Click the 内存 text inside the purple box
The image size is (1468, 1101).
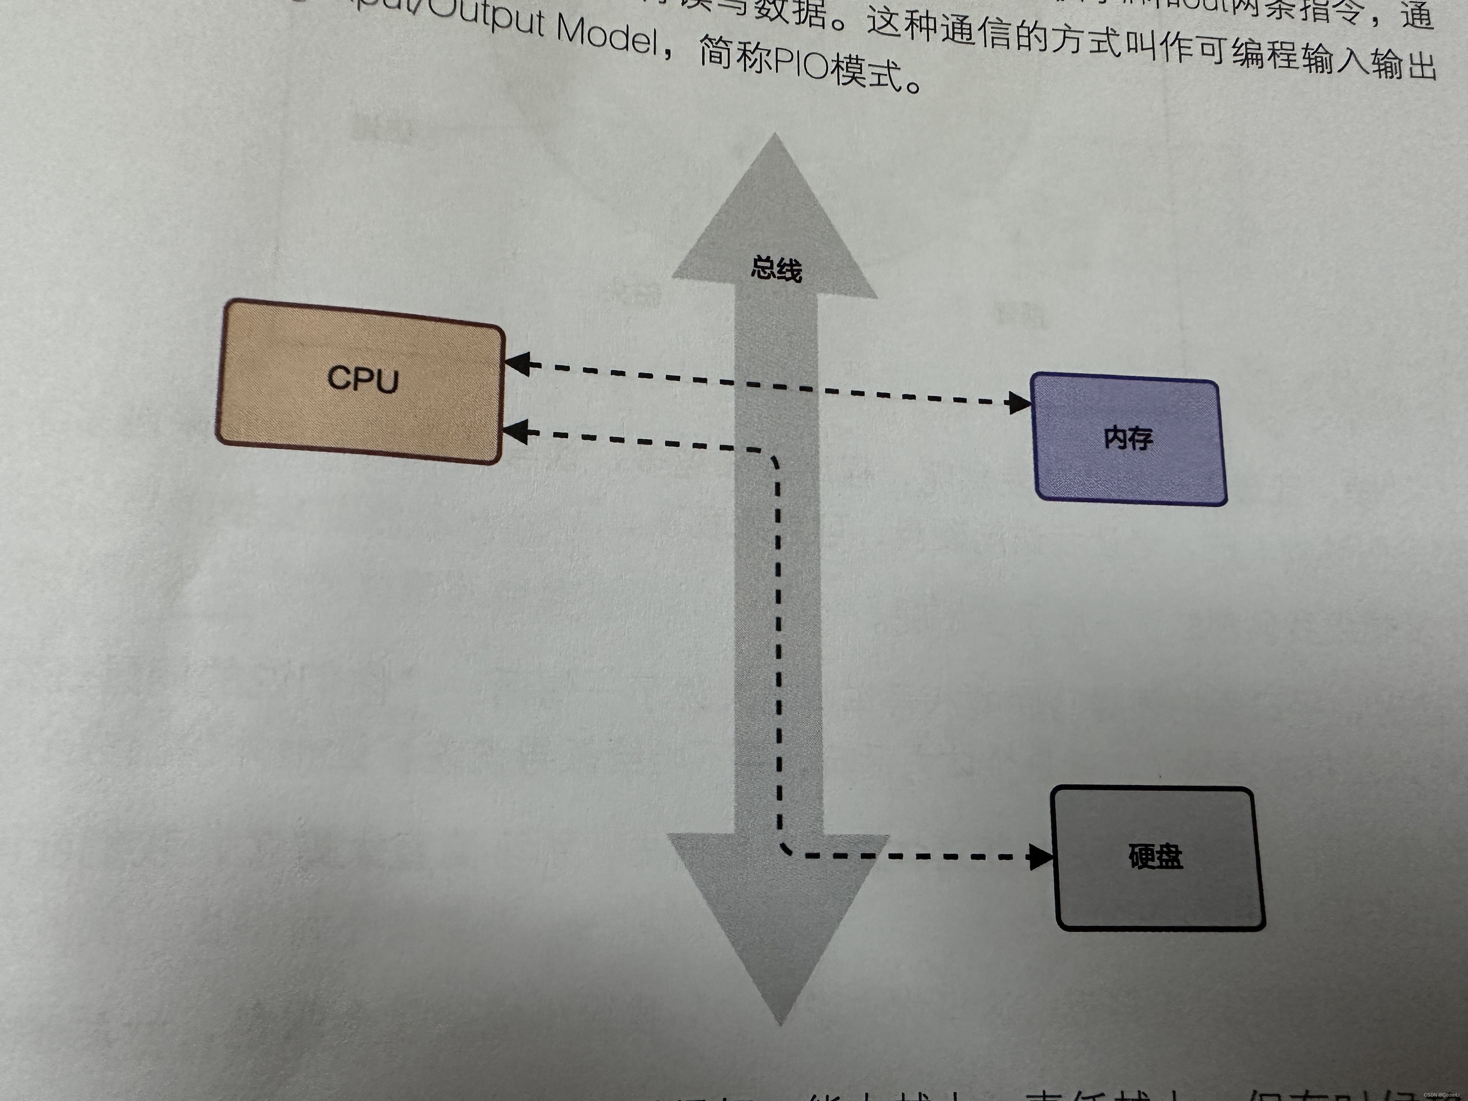pos(1128,438)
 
